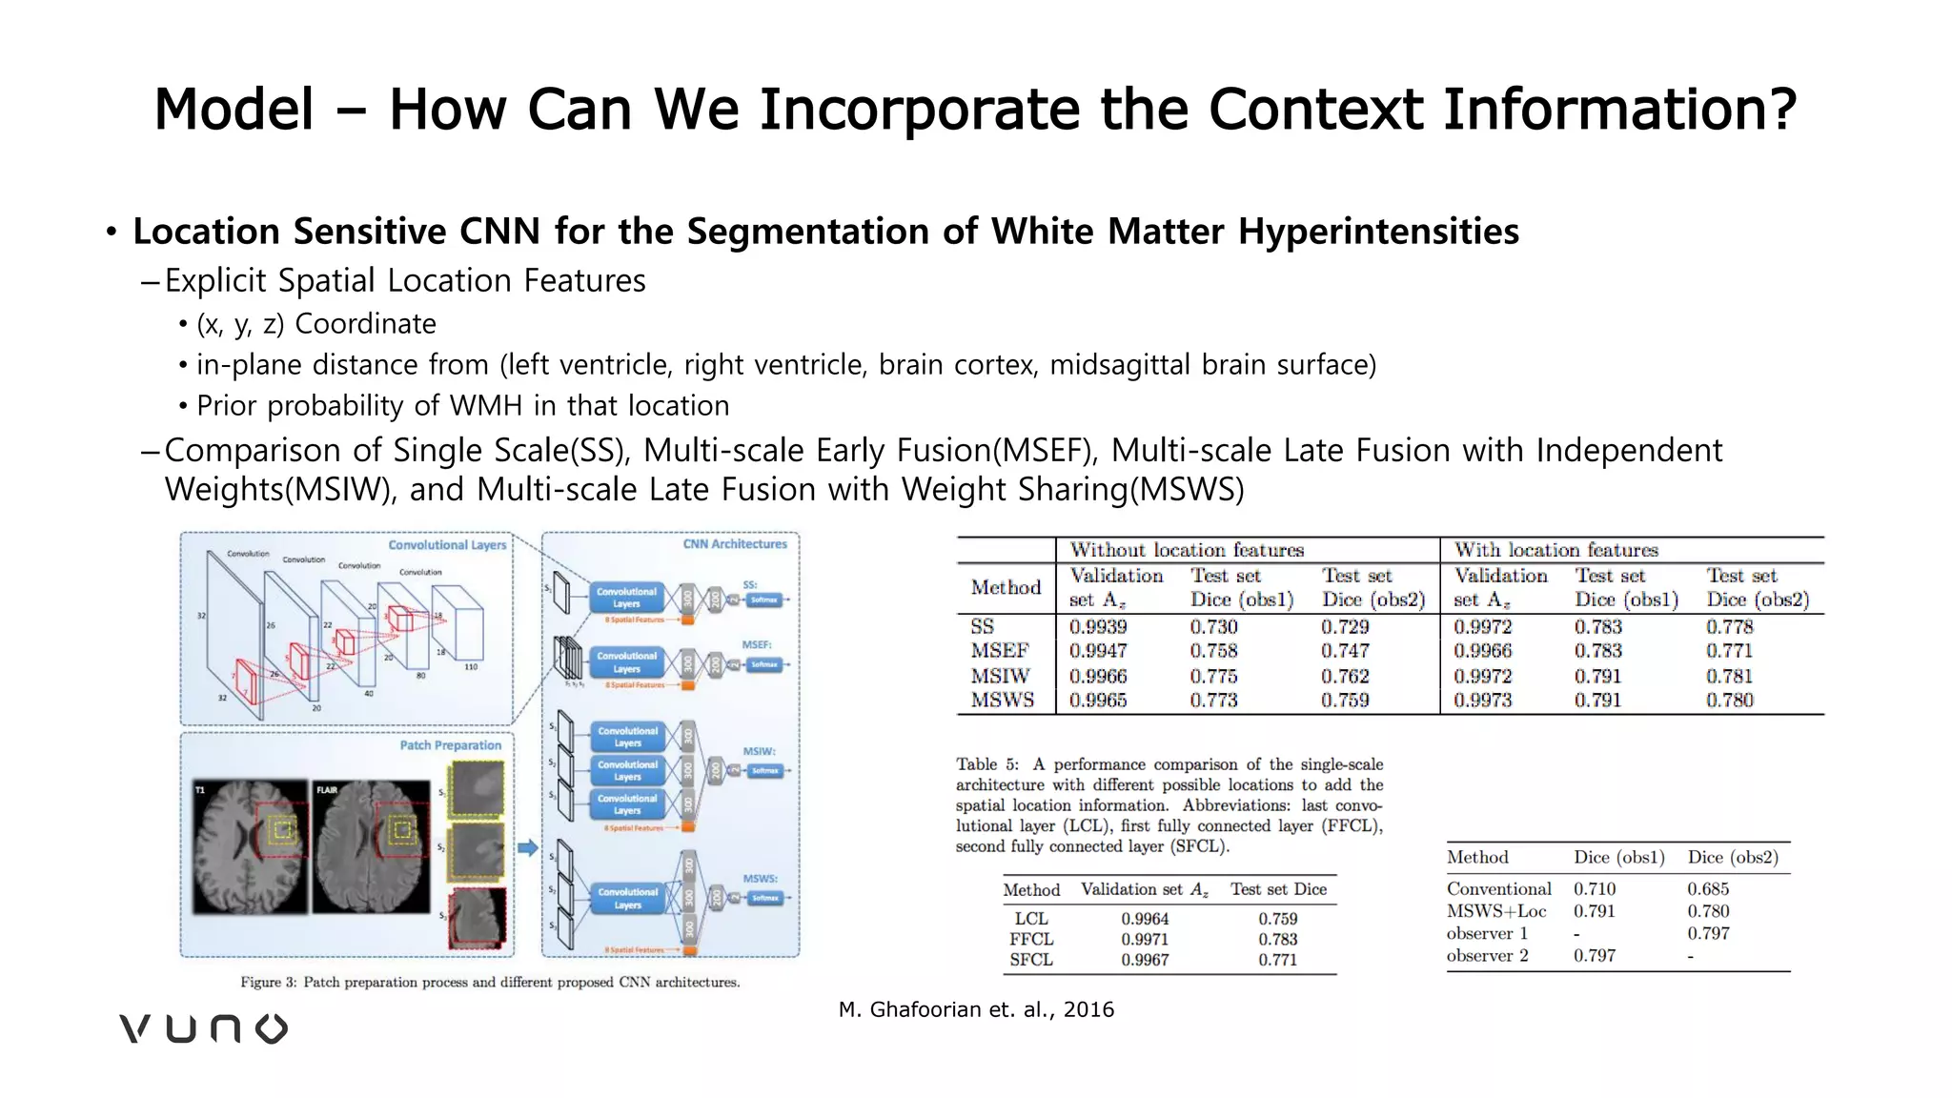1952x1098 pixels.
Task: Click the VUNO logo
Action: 203,1028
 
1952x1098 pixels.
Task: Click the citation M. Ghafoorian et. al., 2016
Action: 976,1009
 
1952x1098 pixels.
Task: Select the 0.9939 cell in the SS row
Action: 1098,627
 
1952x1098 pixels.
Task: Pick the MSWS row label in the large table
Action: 1002,700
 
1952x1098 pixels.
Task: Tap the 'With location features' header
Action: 1555,550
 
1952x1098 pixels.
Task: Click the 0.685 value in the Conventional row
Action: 1708,888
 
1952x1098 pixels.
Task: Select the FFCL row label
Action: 1031,939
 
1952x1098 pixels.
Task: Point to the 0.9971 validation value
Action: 1145,939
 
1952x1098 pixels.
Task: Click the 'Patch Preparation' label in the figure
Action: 450,745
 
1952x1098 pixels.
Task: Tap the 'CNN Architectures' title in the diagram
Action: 735,544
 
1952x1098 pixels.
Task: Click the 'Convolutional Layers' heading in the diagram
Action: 447,545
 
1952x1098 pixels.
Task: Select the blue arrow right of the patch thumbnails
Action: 527,847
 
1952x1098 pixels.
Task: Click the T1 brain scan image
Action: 251,847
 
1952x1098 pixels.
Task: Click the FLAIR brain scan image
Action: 373,847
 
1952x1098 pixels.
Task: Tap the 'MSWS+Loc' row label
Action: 1495,911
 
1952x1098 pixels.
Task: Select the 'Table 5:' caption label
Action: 986,764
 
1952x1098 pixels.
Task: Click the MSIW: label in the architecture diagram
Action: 760,752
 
